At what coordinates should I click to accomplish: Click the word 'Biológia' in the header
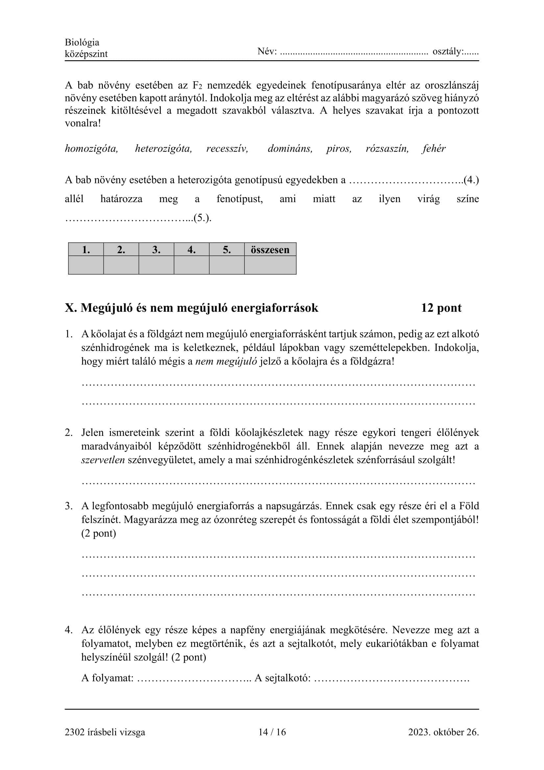(82, 42)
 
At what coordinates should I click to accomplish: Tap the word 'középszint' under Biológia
(86, 54)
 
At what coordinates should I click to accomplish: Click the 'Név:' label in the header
(267, 52)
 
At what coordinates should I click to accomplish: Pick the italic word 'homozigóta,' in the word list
(91, 148)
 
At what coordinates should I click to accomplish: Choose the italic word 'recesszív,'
(227, 148)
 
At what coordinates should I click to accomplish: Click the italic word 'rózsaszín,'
(387, 148)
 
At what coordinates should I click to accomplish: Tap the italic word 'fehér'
(434, 148)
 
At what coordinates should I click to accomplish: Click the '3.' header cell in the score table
(157, 250)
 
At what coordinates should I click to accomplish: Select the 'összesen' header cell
(270, 250)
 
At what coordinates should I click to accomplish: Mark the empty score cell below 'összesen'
(270, 265)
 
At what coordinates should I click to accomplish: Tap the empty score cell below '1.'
(86, 265)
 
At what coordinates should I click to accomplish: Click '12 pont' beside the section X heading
(441, 307)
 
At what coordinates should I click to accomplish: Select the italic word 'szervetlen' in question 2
(103, 460)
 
